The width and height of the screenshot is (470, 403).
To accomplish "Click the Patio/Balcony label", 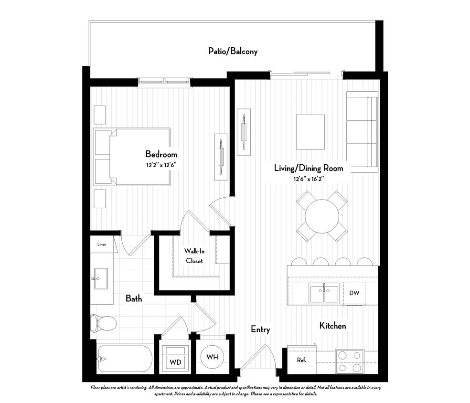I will click(x=233, y=51).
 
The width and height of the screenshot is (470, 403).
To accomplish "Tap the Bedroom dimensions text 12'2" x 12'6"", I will click(x=161, y=165).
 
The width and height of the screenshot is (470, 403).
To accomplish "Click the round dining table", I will click(x=321, y=215).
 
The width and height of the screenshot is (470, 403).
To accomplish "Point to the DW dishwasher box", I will click(x=354, y=293).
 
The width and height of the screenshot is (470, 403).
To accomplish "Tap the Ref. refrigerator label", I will click(x=301, y=360).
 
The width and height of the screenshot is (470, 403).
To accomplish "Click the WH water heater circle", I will click(x=212, y=357).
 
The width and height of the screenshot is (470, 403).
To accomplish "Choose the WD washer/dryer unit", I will click(x=175, y=361).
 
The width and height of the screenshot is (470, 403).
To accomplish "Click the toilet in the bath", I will click(x=103, y=323).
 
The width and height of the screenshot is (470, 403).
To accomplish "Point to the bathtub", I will click(x=125, y=359).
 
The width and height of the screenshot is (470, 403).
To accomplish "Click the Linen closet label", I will click(x=102, y=244).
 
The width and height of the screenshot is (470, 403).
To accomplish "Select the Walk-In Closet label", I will click(x=194, y=256).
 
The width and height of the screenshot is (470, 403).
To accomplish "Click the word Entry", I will click(x=260, y=329).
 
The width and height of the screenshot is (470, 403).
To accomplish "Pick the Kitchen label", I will click(x=332, y=326).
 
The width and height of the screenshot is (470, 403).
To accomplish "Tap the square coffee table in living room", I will click(x=310, y=132).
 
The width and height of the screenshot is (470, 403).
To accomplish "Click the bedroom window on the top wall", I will click(x=164, y=82).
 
